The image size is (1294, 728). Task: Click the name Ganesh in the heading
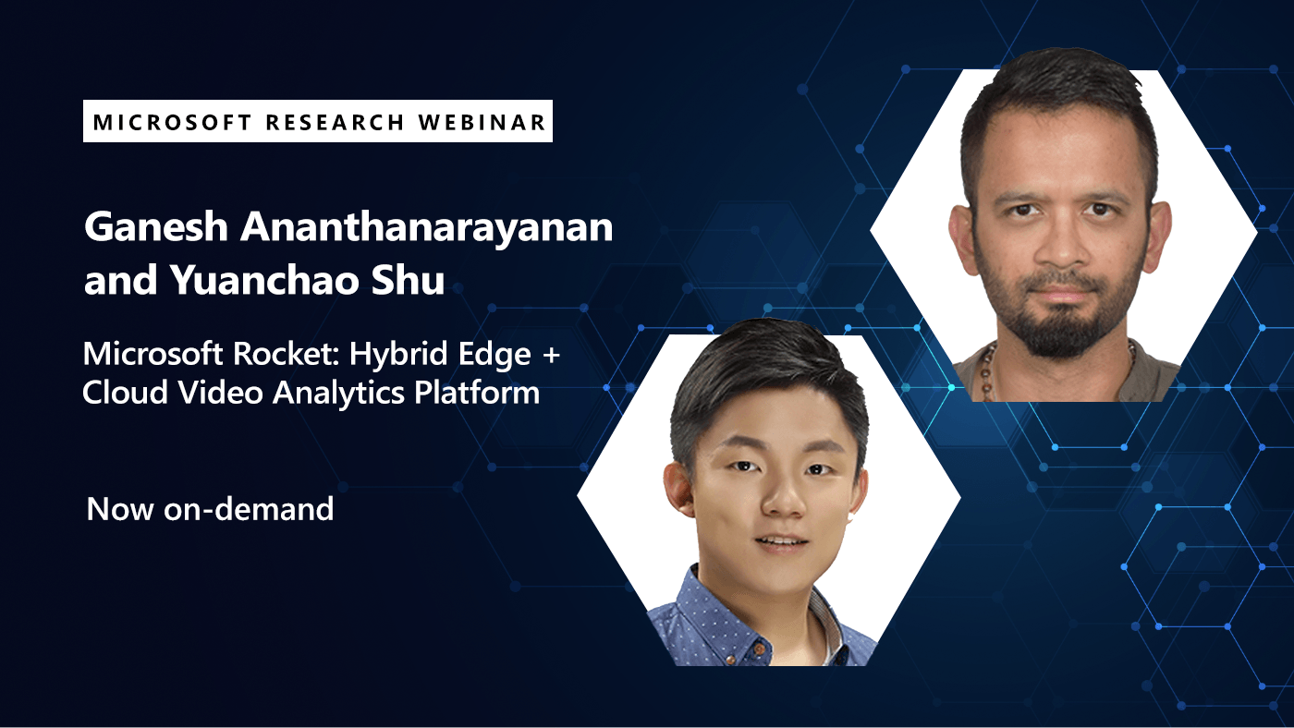pyautogui.click(x=154, y=228)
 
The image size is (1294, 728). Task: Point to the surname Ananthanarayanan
pyautogui.click(x=425, y=228)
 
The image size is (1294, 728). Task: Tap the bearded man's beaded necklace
pyautogui.click(x=988, y=370)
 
